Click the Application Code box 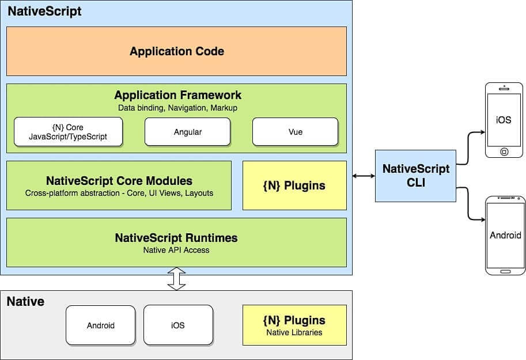point(176,51)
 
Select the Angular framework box point(187,132)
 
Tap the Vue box point(295,132)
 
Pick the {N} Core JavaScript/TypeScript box point(68,132)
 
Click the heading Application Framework point(178,95)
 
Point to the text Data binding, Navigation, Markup point(178,108)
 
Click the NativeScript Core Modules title point(119,181)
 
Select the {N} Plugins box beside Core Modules point(294,185)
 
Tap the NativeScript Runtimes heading point(176,238)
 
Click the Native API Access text point(176,251)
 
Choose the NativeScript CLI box point(415,176)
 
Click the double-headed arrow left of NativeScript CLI point(364,176)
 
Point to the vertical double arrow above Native point(176,279)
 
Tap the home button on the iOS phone point(504,152)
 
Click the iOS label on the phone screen point(504,120)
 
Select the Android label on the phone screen point(505,235)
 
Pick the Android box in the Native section point(101,325)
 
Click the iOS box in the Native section point(178,325)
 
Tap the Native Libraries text point(294,332)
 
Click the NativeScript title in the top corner point(44,12)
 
